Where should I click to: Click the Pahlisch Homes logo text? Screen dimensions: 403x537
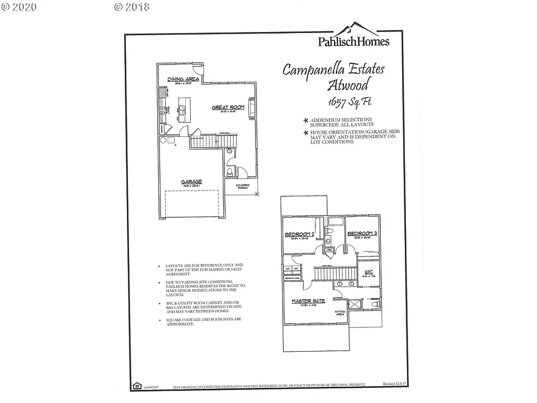tap(353, 41)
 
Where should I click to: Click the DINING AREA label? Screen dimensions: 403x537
tap(183, 79)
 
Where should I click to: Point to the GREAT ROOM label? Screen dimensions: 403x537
tap(228, 108)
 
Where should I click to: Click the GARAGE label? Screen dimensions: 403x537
tap(192, 182)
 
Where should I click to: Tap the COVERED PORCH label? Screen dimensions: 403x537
tap(243, 186)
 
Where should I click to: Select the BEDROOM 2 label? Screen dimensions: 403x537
tap(299, 234)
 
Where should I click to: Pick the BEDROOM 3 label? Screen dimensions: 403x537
tap(362, 233)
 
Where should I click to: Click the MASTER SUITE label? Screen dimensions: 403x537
tap(308, 301)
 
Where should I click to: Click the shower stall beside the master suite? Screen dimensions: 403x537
tap(355, 304)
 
